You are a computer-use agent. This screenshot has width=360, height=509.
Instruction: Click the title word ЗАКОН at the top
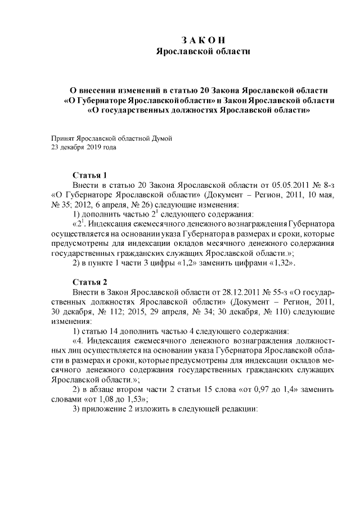tap(204, 40)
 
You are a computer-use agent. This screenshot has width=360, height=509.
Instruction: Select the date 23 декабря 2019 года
tap(83, 147)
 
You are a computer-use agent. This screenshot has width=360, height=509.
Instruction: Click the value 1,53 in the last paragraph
tap(136, 399)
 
